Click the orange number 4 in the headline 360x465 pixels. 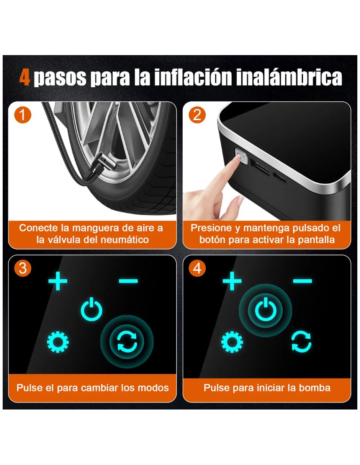click(x=25, y=78)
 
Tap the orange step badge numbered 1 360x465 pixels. click(x=23, y=115)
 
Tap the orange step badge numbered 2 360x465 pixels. click(x=197, y=115)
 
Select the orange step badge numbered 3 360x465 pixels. click(x=23, y=268)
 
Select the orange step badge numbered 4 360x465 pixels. click(x=197, y=268)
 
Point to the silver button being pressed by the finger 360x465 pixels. click(x=241, y=157)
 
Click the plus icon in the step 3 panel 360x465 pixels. click(x=57, y=281)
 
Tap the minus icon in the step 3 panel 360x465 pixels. click(x=128, y=281)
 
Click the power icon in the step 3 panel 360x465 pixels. click(x=92, y=310)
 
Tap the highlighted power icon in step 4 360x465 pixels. click(x=265, y=310)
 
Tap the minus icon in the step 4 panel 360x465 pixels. click(x=303, y=281)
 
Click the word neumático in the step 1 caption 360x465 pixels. click(x=124, y=240)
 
